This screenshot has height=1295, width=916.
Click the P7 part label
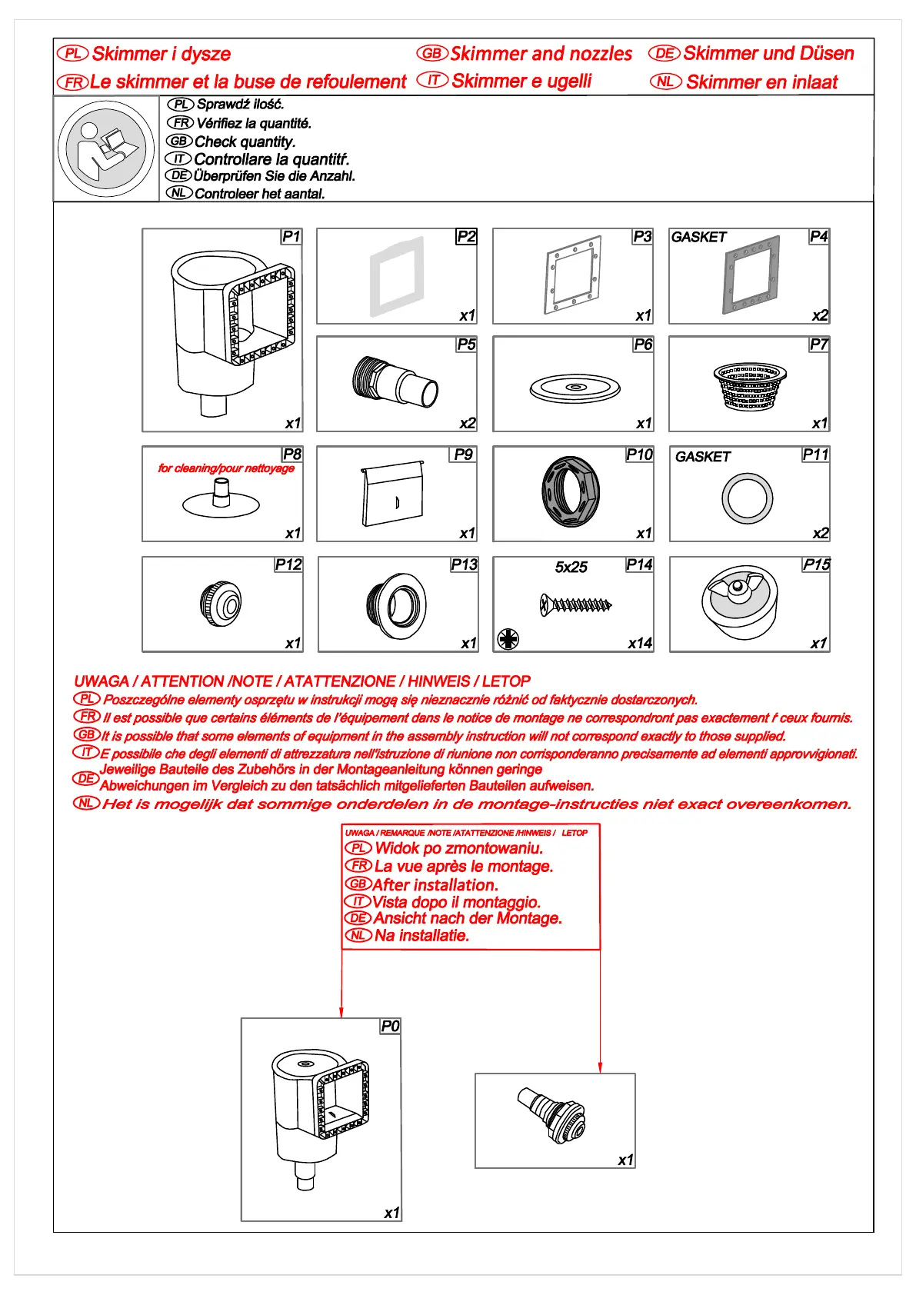click(x=818, y=345)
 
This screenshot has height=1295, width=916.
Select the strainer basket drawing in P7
click(x=749, y=385)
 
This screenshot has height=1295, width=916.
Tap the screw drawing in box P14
click(x=576, y=604)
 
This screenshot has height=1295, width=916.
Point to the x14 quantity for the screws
click(x=639, y=643)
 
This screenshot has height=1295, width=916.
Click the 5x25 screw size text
click(x=571, y=568)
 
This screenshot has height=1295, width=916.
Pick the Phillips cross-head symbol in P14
click(x=508, y=638)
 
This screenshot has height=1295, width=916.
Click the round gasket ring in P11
click(x=747, y=498)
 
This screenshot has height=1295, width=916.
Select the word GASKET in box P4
click(x=698, y=238)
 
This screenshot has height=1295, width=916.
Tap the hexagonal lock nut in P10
click(x=571, y=492)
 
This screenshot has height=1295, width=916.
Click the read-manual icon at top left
click(x=106, y=149)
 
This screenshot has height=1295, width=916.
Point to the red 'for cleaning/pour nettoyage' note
click(x=226, y=468)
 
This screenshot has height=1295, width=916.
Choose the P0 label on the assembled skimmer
click(x=390, y=1026)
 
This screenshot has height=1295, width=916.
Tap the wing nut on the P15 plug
click(x=736, y=588)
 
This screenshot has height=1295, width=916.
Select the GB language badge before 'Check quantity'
click(x=179, y=141)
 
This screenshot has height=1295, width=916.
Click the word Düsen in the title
click(x=827, y=54)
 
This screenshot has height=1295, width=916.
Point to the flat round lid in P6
click(x=575, y=387)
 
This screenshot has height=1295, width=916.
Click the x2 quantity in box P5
click(x=467, y=423)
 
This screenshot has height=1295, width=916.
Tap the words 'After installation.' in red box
click(x=435, y=884)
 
